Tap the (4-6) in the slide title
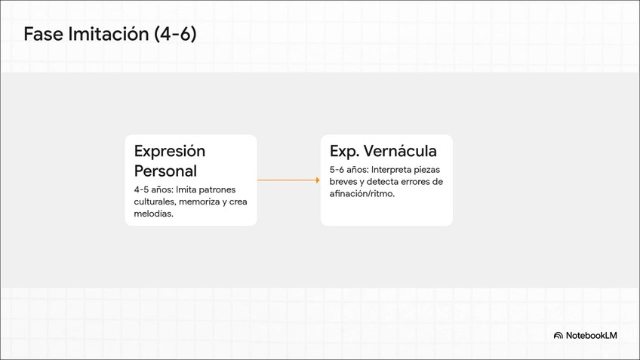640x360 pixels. [x=174, y=34]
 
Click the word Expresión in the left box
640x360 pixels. [x=169, y=151]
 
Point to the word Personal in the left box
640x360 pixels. [x=165, y=171]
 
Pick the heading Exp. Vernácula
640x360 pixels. [x=383, y=151]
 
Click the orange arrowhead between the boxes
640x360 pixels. [x=317, y=180]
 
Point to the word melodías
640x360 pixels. [x=153, y=214]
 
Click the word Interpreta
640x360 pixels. [x=395, y=170]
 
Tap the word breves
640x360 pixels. [x=344, y=182]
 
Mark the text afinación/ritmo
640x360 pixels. [x=362, y=194]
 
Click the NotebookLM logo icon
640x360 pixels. [x=558, y=335]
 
